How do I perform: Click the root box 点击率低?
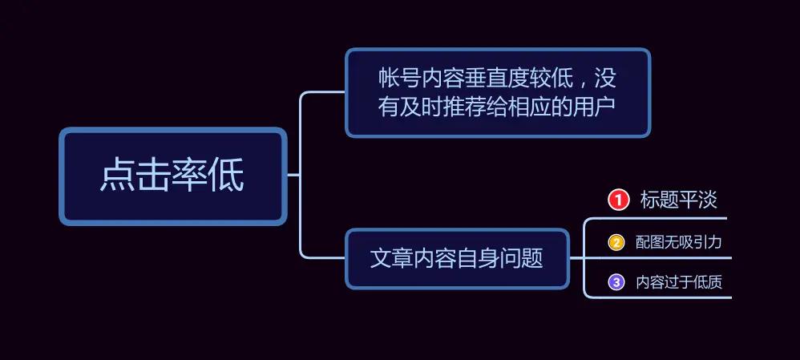point(173,176)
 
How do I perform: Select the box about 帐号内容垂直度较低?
point(498,92)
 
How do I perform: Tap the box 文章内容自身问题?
point(457,258)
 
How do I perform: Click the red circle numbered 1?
point(618,200)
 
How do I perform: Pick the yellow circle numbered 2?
point(616,242)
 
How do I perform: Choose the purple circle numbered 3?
point(616,282)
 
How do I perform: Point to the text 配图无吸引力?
point(679,242)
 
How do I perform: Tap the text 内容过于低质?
point(679,282)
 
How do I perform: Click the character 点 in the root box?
point(118,174)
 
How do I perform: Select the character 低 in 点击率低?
point(226,174)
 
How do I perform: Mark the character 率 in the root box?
point(190,174)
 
